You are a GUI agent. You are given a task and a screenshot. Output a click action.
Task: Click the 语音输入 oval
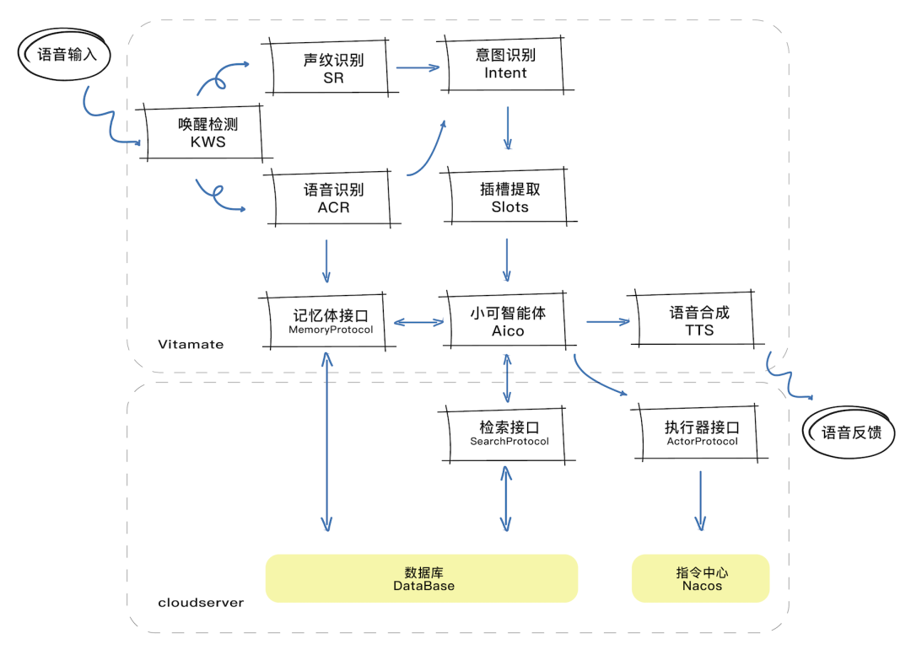pyautogui.click(x=67, y=56)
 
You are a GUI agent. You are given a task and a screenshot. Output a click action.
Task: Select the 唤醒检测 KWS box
pyautogui.click(x=208, y=132)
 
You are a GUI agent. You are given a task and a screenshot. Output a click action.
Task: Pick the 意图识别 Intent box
pyautogui.click(x=505, y=64)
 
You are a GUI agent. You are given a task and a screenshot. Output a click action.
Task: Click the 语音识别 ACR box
pyautogui.click(x=333, y=198)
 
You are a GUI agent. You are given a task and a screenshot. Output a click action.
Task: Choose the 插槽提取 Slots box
pyautogui.click(x=509, y=198)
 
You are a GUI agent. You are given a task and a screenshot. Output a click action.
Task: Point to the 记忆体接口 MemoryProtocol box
pyautogui.click(x=331, y=321)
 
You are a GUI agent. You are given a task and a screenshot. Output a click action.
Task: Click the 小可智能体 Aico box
pyautogui.click(x=508, y=321)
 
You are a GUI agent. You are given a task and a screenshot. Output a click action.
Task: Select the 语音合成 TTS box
pyautogui.click(x=699, y=321)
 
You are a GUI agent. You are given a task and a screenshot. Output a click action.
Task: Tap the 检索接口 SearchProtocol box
pyautogui.click(x=509, y=433)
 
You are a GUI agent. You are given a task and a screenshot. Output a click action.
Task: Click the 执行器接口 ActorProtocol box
pyautogui.click(x=702, y=433)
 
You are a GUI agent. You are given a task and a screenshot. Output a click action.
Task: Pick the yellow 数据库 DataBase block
pyautogui.click(x=422, y=578)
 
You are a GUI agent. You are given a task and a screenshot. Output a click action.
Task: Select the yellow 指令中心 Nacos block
pyautogui.click(x=701, y=578)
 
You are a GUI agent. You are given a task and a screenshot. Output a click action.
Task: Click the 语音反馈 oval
pyautogui.click(x=851, y=432)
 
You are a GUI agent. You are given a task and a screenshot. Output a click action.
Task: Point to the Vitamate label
pyautogui.click(x=191, y=345)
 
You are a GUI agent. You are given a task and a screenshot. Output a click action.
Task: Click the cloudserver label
pyautogui.click(x=201, y=603)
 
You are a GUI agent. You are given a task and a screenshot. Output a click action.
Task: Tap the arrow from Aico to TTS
pyautogui.click(x=608, y=321)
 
